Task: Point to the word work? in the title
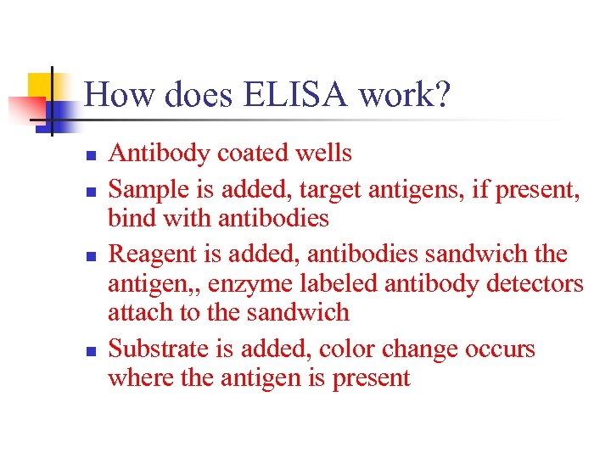click(x=404, y=95)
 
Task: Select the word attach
click(x=135, y=313)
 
